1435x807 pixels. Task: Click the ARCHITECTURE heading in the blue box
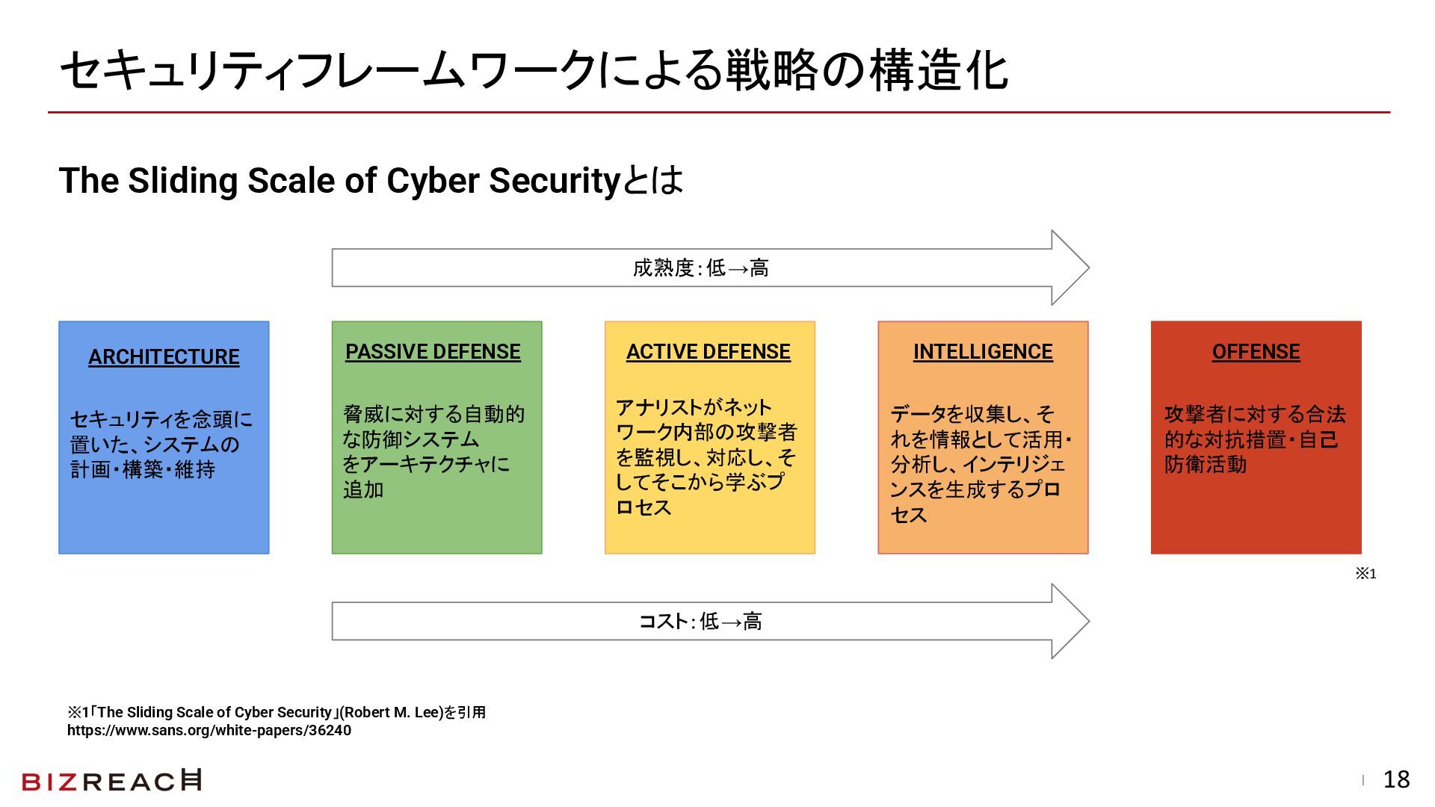(164, 357)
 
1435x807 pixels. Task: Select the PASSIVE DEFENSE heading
(433, 352)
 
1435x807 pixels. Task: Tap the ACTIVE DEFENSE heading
(708, 352)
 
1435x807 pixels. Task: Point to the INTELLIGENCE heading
(983, 352)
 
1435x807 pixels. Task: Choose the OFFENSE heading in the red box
(1256, 352)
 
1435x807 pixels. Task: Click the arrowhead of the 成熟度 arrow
(1070, 268)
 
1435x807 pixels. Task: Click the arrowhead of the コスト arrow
(1070, 621)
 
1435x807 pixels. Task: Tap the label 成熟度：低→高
(700, 268)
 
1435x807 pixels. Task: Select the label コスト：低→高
(700, 622)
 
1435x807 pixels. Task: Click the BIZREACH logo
(112, 781)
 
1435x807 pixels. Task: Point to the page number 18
(1396, 780)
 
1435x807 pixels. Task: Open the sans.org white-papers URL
(209, 731)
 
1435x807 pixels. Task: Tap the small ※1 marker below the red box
(1365, 574)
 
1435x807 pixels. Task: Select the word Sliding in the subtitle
(183, 180)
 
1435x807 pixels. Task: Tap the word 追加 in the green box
(363, 490)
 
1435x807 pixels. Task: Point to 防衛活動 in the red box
(1206, 465)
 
